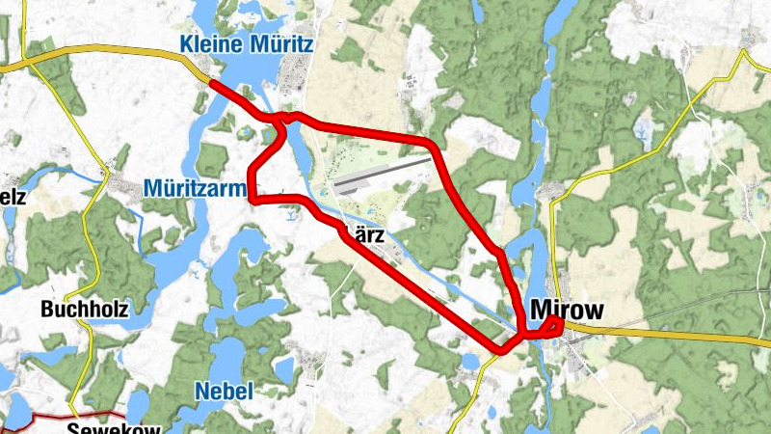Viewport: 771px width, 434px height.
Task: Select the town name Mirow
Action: (567, 311)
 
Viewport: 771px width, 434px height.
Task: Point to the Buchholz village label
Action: (85, 310)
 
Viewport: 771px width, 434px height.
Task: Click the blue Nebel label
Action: (224, 391)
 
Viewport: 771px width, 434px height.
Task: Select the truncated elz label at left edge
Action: (12, 197)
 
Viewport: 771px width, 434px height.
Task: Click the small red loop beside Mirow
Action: (552, 327)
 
